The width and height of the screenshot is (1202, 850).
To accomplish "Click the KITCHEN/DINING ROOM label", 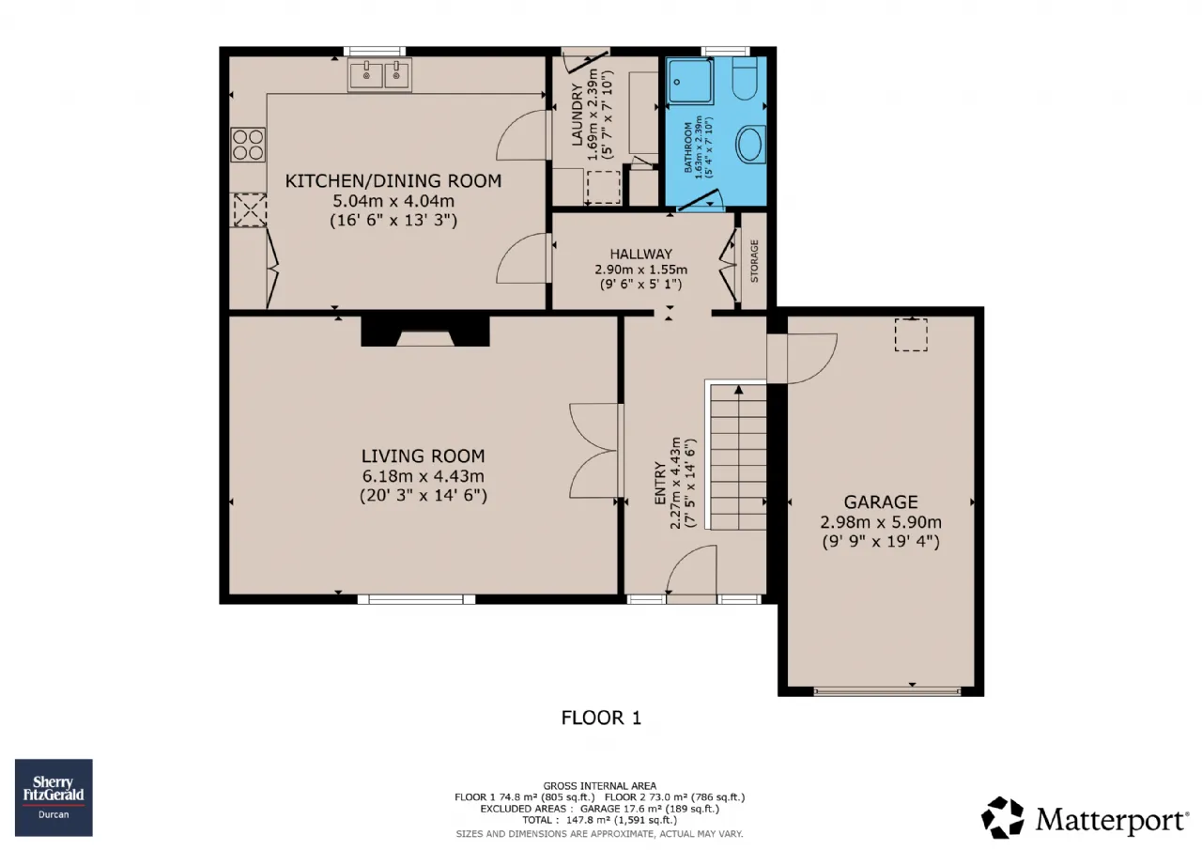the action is [x=393, y=181].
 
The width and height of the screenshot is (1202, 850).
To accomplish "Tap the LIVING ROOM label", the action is [x=423, y=456].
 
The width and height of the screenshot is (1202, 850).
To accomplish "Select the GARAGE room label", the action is [x=881, y=502].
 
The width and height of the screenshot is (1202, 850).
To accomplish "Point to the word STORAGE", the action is [x=754, y=261].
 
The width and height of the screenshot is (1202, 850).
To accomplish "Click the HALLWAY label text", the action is [x=640, y=254].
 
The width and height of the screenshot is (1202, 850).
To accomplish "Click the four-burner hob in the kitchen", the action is [x=248, y=145].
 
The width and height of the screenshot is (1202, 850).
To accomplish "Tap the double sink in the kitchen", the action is [x=380, y=74].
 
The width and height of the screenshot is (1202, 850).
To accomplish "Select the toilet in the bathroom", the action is [x=745, y=78].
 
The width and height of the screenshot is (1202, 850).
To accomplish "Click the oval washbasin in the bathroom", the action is [x=750, y=145].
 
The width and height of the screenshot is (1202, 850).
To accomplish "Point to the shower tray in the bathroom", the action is [x=689, y=81].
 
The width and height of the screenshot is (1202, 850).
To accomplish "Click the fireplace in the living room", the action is [x=425, y=332].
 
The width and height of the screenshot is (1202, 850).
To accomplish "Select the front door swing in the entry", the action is [x=692, y=570].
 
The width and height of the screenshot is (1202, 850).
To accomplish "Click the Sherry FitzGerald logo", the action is [x=54, y=797].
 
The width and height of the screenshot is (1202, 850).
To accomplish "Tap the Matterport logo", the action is [x=1085, y=817].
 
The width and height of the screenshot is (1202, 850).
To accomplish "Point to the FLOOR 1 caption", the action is [x=601, y=718].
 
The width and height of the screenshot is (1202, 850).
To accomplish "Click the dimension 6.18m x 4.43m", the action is [x=423, y=476].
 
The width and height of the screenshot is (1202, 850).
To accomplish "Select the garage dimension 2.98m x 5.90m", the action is [x=881, y=522].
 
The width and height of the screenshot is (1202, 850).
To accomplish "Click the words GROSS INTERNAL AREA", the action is [x=599, y=786].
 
